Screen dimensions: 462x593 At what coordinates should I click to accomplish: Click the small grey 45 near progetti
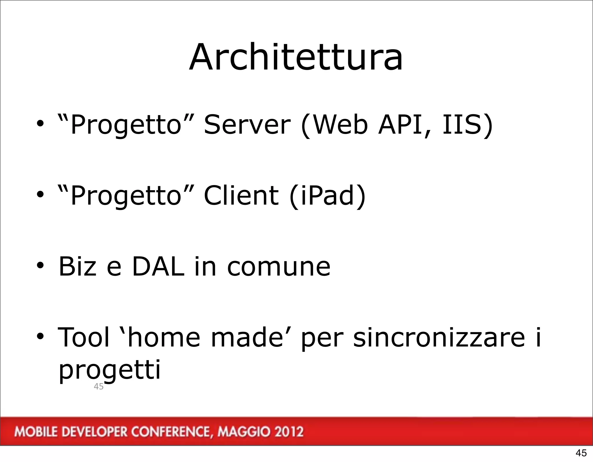99,386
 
